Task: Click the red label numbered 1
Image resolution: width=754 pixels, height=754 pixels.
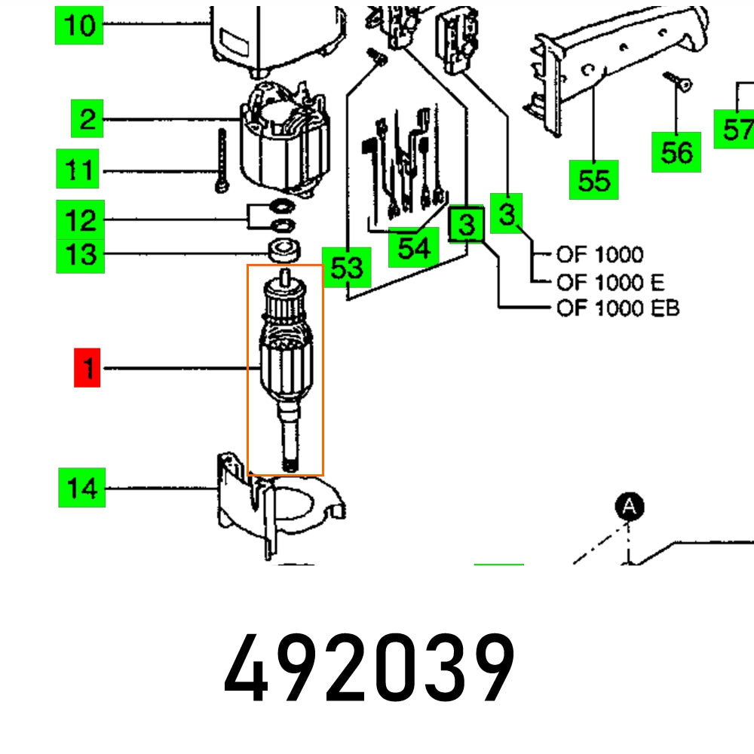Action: coord(87,368)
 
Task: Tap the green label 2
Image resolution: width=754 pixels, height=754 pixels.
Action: coord(87,119)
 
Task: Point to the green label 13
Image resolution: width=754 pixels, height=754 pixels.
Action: coord(81,254)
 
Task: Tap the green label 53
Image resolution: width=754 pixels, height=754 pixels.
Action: coord(347,267)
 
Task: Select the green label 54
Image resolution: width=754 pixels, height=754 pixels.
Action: coord(413,247)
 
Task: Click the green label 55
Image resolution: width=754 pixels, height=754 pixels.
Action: coord(593,180)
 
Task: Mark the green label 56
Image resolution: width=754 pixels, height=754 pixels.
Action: coord(676,152)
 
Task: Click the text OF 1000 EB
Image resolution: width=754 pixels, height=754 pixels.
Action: coord(618,308)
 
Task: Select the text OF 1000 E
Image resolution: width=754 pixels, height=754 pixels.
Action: coord(611,282)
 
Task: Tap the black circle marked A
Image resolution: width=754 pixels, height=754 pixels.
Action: coord(630,507)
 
